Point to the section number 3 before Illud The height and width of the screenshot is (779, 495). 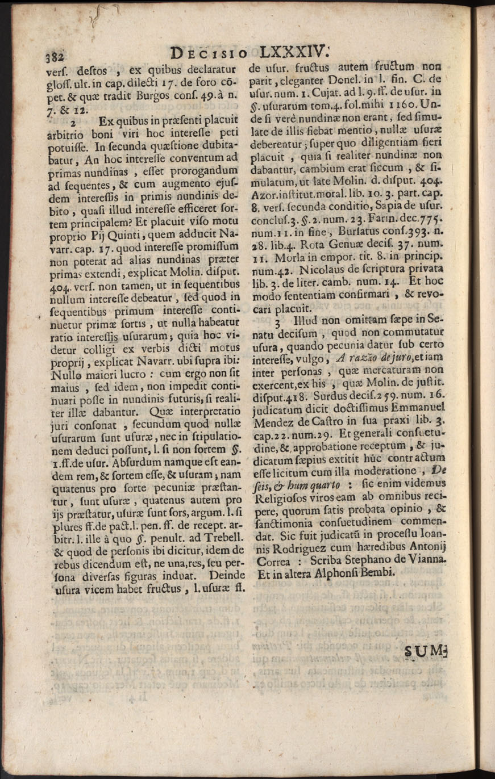[x=278, y=321]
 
